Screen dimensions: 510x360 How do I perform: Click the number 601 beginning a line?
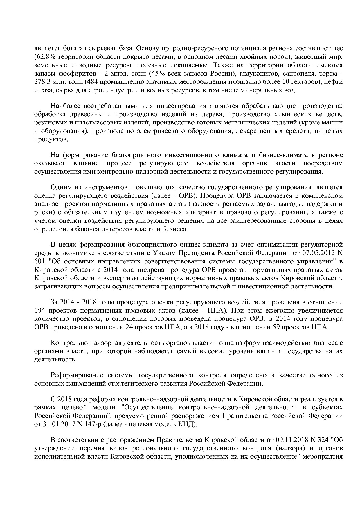[x=39, y=261]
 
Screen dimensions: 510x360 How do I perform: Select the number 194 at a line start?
[x=39, y=310]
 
